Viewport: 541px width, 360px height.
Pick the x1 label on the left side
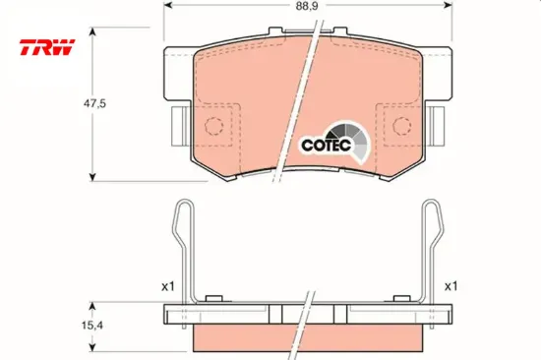pyautogui.click(x=167, y=286)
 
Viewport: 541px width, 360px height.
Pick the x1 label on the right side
pyautogui.click(x=451, y=286)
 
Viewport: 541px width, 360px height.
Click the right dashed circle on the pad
pyautogui.click(x=403, y=125)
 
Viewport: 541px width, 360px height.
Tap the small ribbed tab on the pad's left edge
pyautogui.click(x=181, y=124)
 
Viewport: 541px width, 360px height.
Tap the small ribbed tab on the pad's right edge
pyautogui.click(x=440, y=124)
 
